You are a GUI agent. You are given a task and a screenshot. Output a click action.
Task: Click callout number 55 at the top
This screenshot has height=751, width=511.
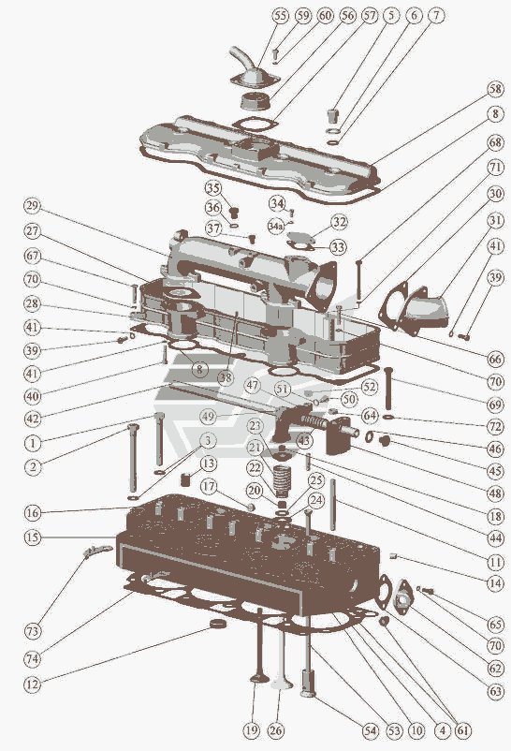click(280, 16)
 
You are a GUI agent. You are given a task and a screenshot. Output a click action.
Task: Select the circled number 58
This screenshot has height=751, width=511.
click(496, 89)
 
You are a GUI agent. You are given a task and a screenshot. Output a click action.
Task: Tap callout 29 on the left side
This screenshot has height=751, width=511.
click(32, 206)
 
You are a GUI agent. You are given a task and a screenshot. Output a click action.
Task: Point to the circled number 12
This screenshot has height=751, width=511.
click(32, 685)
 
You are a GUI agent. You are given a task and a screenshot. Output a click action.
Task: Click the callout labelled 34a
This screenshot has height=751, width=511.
click(275, 226)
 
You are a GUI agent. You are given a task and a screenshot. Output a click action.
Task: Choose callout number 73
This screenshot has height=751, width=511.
click(32, 631)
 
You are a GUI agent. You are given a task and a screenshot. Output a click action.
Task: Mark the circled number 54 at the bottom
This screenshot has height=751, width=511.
click(370, 731)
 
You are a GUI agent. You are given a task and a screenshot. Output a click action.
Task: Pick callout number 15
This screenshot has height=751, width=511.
click(32, 537)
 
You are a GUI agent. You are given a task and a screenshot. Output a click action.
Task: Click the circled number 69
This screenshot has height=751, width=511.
click(496, 405)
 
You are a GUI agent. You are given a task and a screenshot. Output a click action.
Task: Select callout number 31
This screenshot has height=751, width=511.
click(496, 220)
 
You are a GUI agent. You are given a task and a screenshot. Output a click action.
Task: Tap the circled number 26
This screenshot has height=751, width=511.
click(275, 731)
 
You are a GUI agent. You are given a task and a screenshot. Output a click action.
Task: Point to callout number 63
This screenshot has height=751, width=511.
click(496, 691)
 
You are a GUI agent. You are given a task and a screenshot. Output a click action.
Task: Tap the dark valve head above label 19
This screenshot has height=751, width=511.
click(258, 679)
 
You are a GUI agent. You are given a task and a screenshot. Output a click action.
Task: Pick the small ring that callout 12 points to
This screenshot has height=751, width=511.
click(219, 623)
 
